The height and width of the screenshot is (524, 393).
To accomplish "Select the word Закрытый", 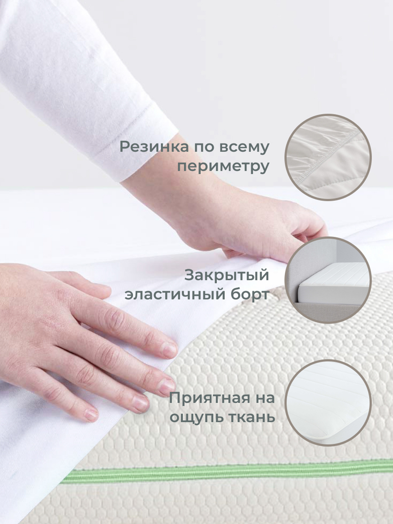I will [227, 275].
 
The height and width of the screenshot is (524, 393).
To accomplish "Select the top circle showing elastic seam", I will [328, 157].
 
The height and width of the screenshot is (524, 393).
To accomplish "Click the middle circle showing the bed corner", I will [331, 280].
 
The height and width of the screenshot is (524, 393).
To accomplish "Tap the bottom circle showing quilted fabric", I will [328, 403].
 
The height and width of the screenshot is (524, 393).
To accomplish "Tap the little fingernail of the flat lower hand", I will [92, 413].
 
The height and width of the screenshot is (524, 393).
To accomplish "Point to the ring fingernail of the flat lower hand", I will [140, 402].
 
